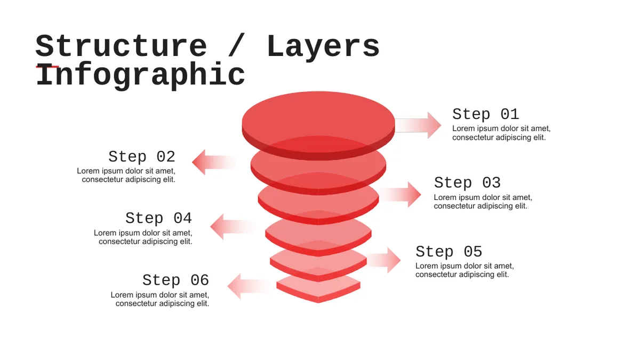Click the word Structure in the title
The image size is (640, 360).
[121, 46]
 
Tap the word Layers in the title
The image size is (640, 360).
[323, 47]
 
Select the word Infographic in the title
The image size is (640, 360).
[140, 75]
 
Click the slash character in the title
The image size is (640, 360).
[237, 45]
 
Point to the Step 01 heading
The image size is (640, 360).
[485, 114]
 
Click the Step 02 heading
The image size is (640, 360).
[142, 157]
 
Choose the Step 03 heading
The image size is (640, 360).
[467, 182]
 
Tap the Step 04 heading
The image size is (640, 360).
[158, 218]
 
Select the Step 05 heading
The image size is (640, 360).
[449, 252]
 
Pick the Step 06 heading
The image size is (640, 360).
[175, 280]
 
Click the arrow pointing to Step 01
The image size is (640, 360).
[418, 125]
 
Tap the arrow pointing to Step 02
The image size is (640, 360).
[214, 162]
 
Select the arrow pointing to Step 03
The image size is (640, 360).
[400, 194]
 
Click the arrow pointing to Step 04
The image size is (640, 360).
[233, 227]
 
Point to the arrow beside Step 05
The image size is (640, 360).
[383, 260]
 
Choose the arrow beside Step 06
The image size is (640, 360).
[251, 286]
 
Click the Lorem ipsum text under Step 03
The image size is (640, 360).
[483, 202]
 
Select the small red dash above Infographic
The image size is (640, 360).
[47, 67]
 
